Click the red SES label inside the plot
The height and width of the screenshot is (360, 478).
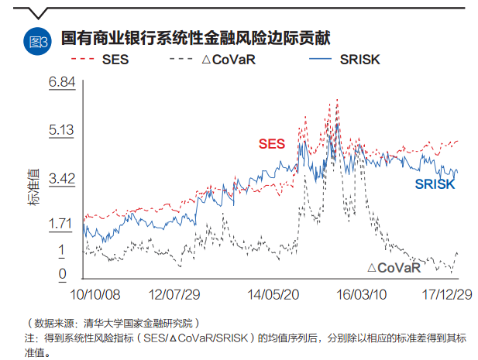271,143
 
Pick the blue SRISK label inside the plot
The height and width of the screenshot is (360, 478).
435,184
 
